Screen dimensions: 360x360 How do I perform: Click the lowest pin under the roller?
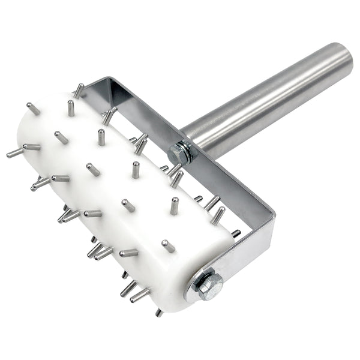[158, 312]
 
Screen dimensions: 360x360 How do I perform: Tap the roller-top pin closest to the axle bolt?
[168, 246]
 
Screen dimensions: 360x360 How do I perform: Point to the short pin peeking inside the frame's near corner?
[236, 233]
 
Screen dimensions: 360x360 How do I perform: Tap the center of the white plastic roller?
[120, 192]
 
